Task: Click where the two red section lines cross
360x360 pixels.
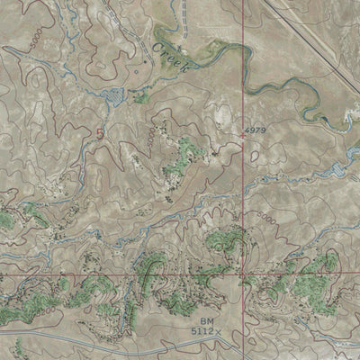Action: click(x=244, y=273)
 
